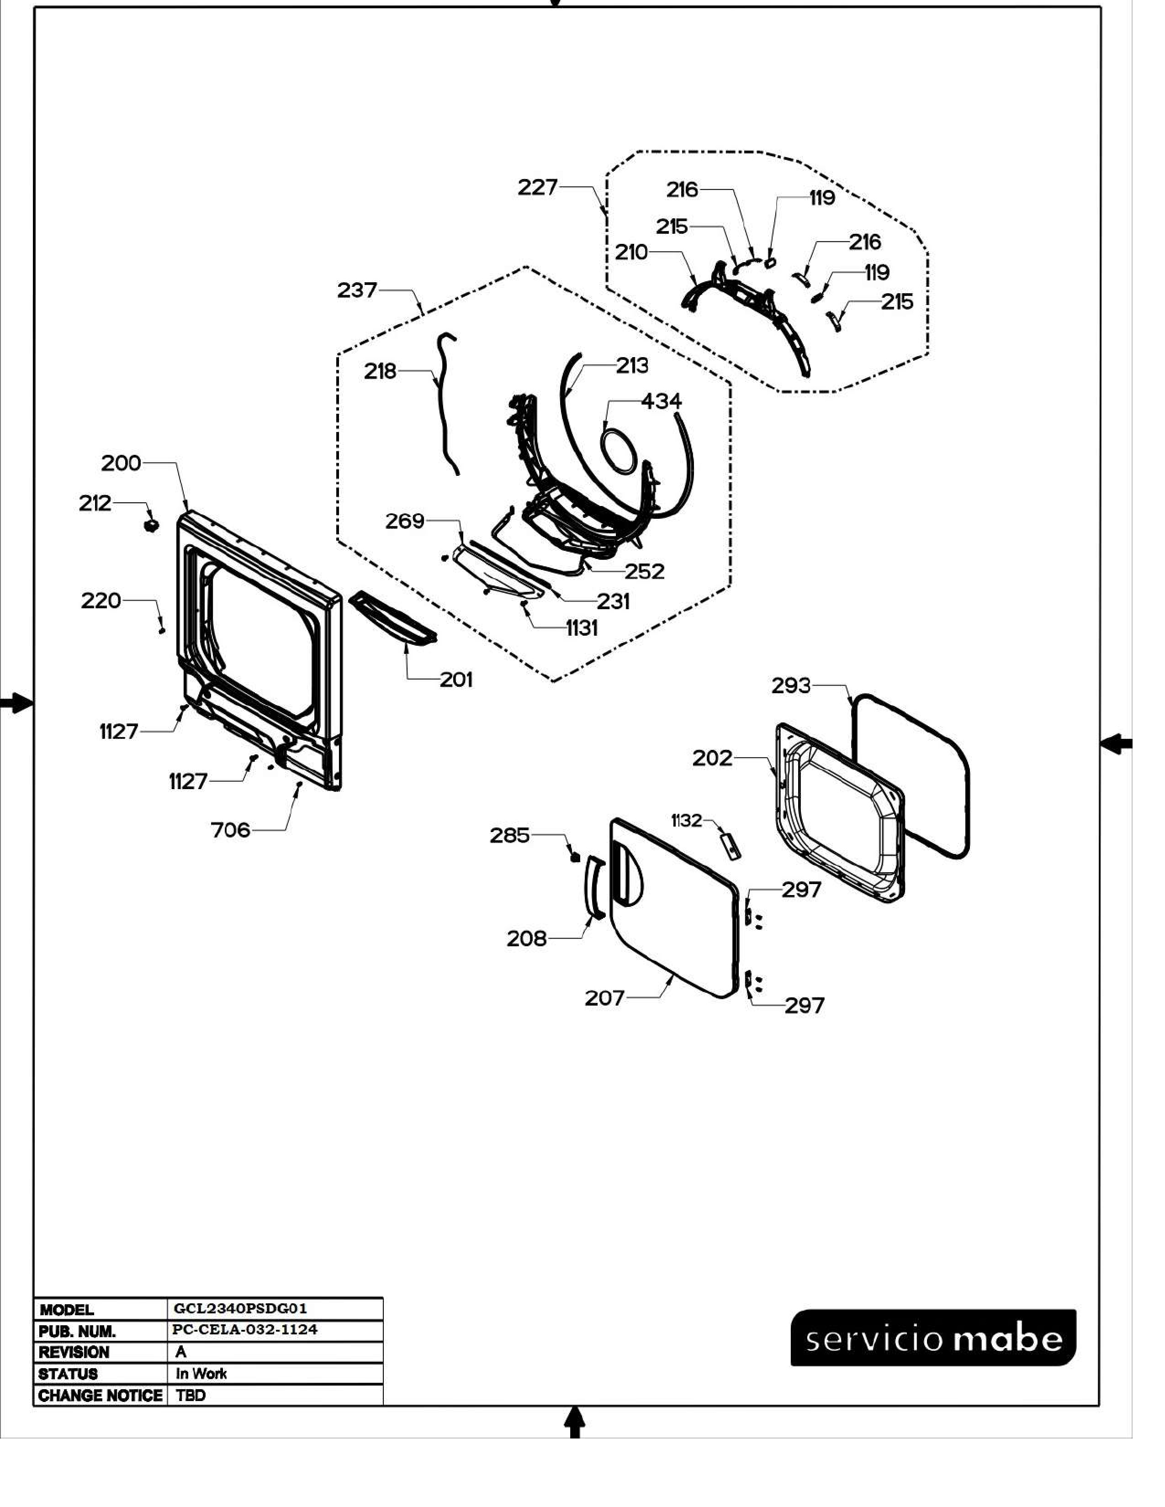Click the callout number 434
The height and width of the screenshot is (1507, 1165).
[x=661, y=401]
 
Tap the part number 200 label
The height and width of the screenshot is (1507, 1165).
[x=121, y=463]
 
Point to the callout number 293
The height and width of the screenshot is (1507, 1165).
[x=791, y=686]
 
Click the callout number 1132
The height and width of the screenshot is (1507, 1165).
[x=686, y=821]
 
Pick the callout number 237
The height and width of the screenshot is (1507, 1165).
[x=357, y=290]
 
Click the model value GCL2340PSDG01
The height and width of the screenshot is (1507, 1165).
[x=240, y=1309]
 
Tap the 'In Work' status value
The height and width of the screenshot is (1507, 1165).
[x=201, y=1373]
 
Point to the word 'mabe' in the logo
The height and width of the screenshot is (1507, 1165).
[x=1008, y=1339]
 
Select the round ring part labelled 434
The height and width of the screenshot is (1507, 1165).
[x=617, y=450]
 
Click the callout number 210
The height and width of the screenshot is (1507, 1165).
[x=631, y=253]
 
